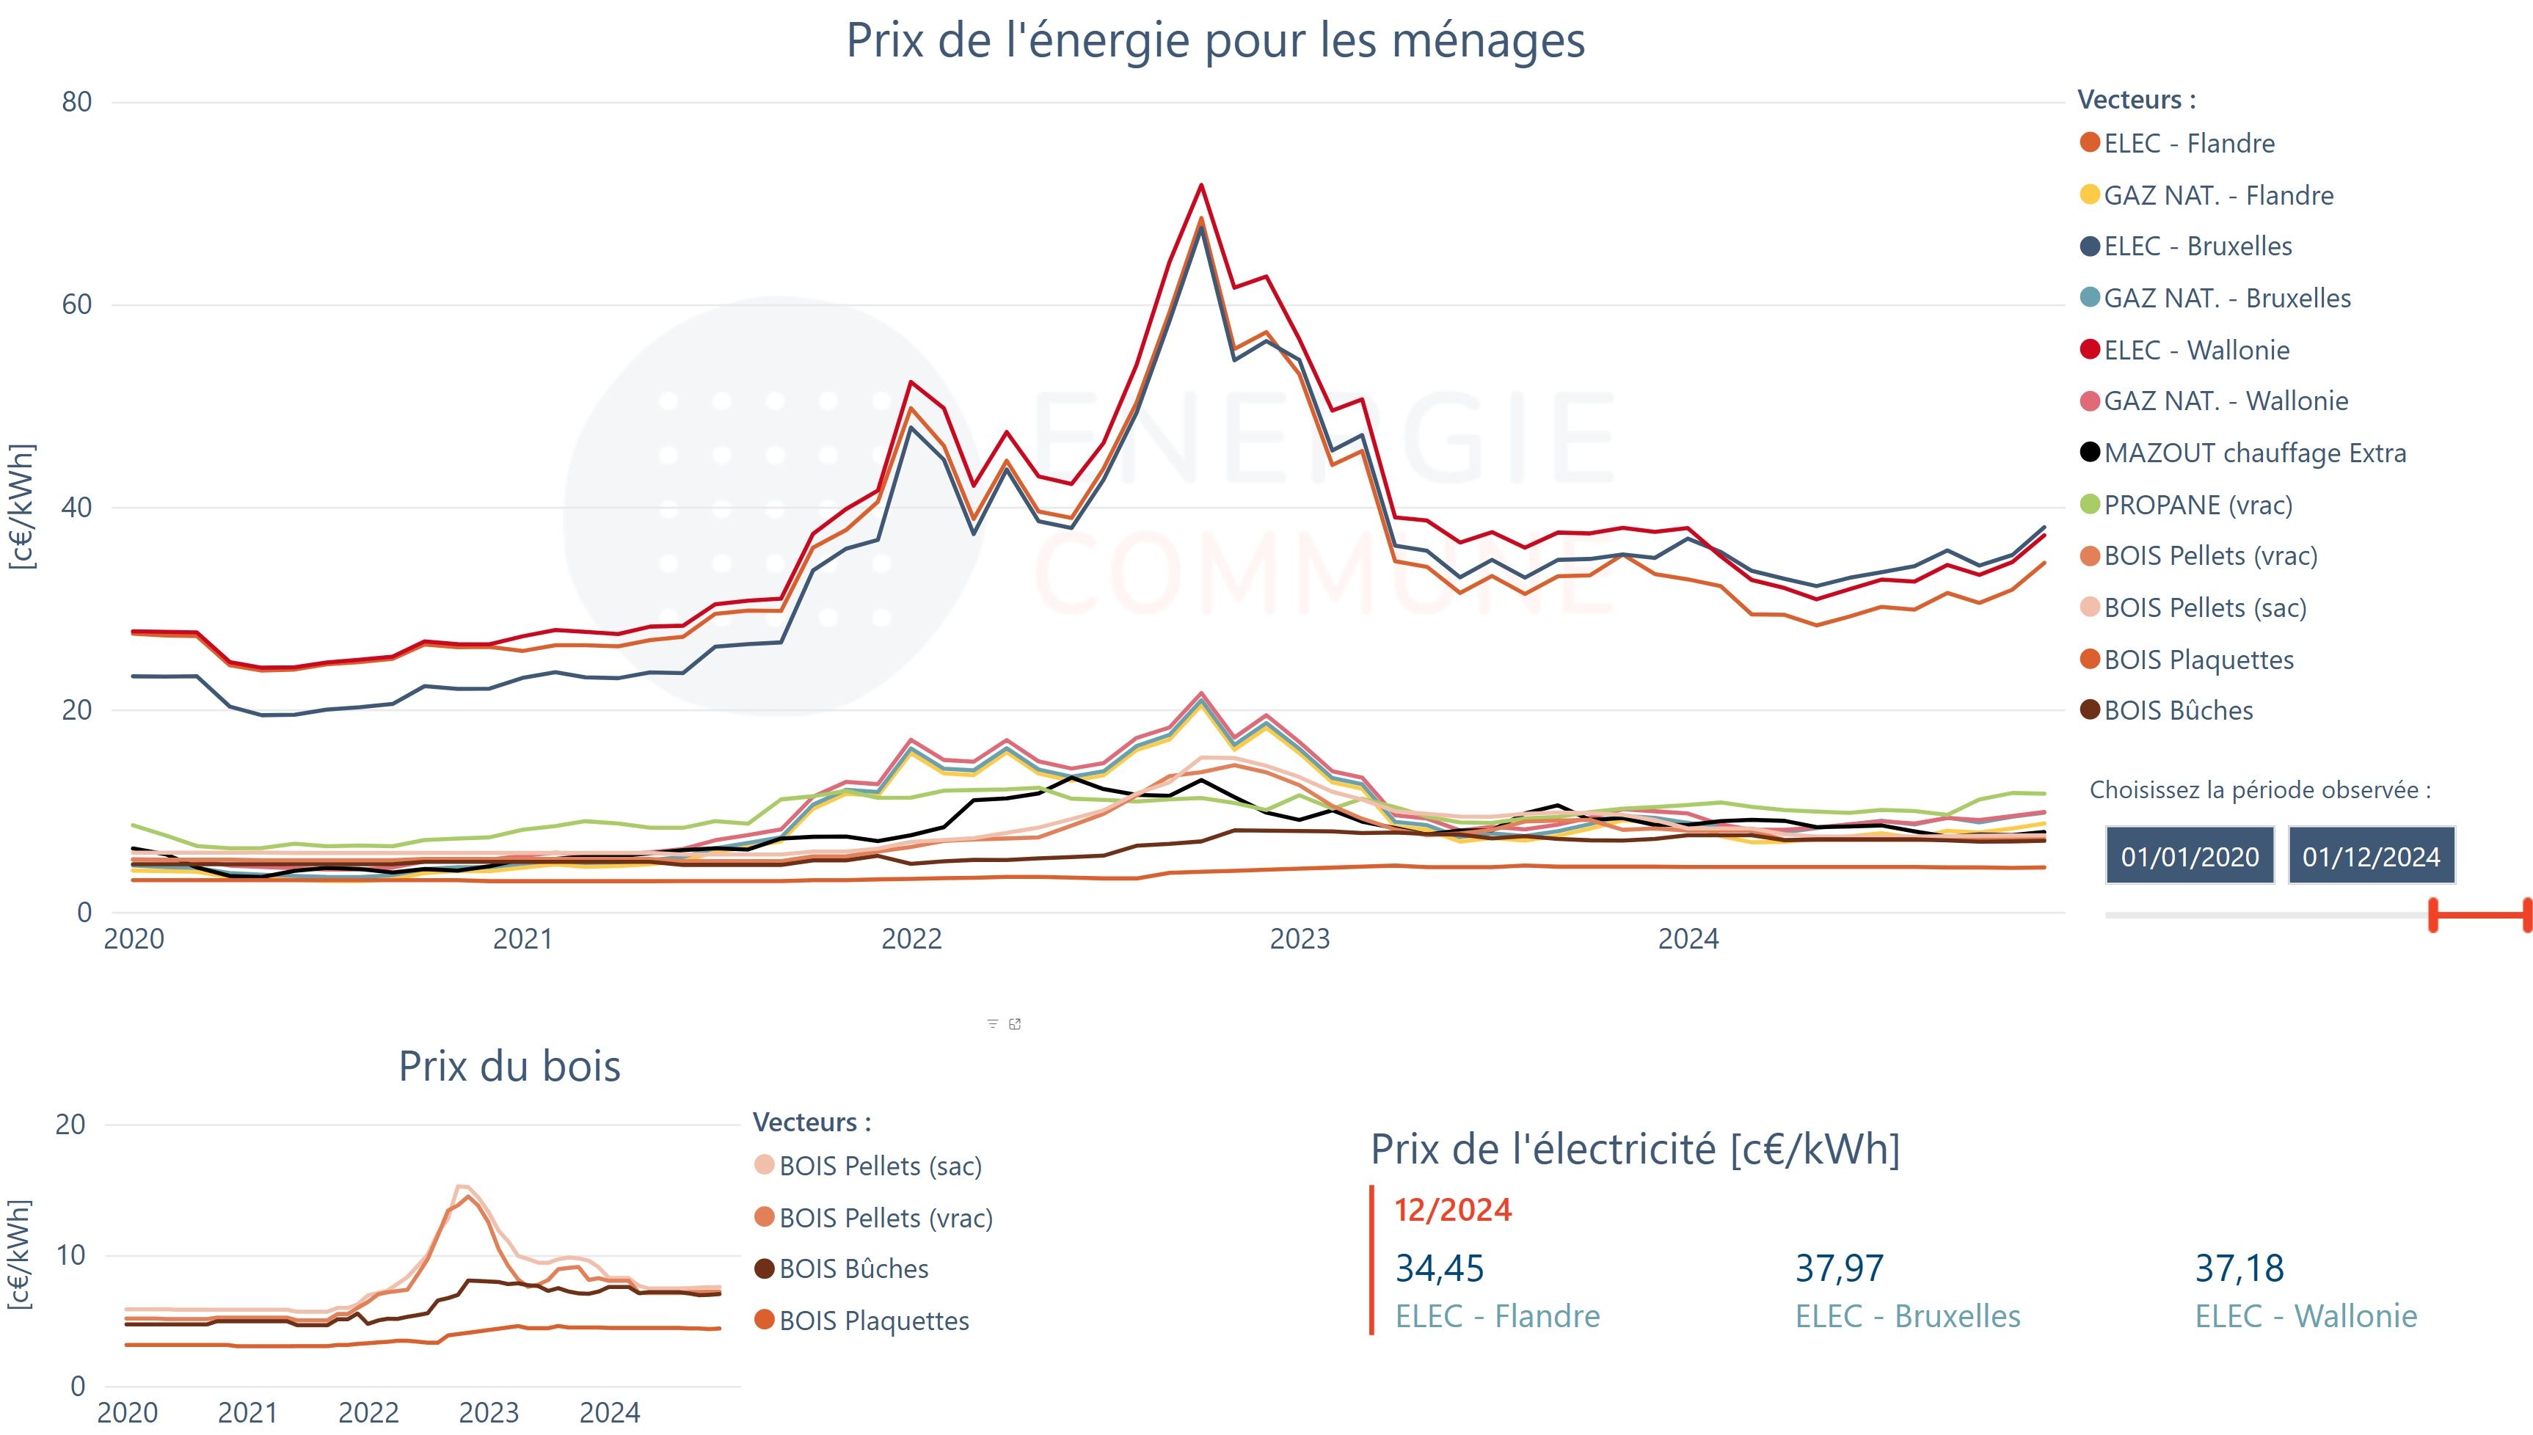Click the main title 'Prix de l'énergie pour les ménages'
(x=1215, y=41)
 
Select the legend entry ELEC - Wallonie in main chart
(x=2196, y=350)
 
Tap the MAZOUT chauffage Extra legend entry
(x=2254, y=453)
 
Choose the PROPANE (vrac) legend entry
(x=2197, y=505)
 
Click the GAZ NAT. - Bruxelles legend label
(x=2226, y=299)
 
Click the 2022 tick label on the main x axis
(x=911, y=939)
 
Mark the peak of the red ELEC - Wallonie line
(x=1200, y=186)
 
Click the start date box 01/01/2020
(x=2189, y=856)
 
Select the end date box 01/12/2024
(x=2370, y=856)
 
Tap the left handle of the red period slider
(x=2433, y=915)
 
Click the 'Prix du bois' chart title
(x=509, y=1067)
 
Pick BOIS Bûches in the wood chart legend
(x=853, y=1269)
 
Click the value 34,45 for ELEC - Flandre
(x=1439, y=1268)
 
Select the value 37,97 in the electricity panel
(x=1839, y=1268)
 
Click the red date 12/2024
(x=1453, y=1211)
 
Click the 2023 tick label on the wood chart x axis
(x=489, y=1413)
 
